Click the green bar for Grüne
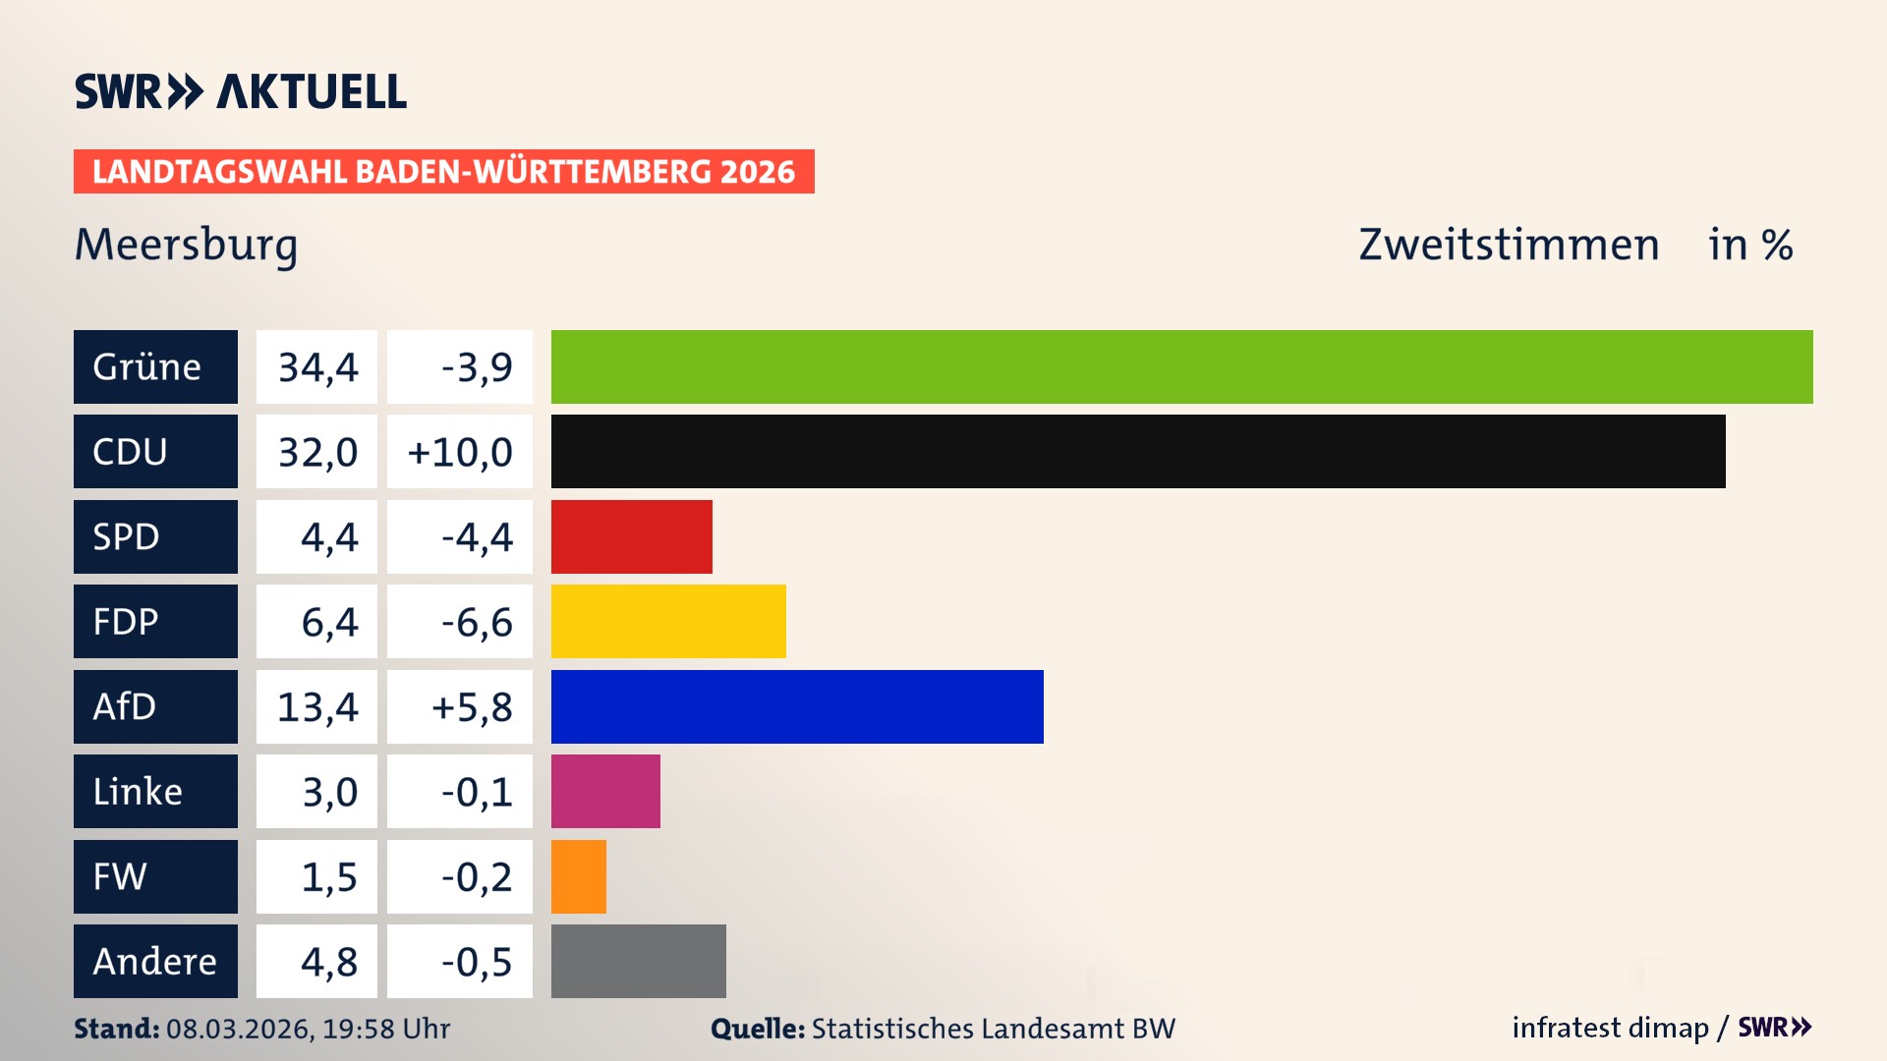1181,366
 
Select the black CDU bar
1138,452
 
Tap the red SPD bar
631,536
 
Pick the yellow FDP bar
668,622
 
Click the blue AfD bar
797,706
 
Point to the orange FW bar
578,876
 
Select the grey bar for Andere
638,961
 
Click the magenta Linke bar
605,792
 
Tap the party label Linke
138,792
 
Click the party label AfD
125,706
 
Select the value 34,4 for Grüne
317,367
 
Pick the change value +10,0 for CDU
460,452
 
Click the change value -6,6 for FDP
477,622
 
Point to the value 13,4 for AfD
317,706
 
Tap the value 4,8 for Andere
329,962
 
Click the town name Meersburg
186,245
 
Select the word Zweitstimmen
1509,245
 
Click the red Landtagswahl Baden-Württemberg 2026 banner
443,172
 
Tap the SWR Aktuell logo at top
240,91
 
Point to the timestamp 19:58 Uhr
386,1029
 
